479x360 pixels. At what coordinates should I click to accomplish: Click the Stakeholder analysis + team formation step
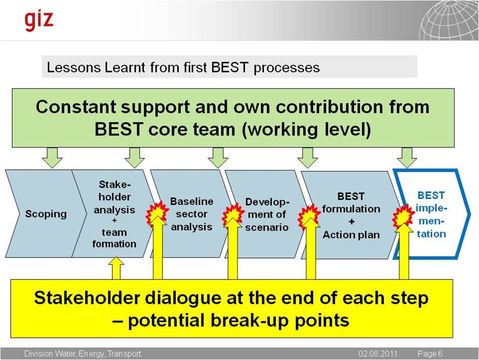click(x=114, y=214)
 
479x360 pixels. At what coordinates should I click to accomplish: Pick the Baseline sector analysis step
click(x=191, y=214)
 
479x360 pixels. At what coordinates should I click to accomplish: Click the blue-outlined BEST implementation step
click(x=431, y=214)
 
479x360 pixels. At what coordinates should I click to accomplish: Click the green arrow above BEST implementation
click(x=407, y=157)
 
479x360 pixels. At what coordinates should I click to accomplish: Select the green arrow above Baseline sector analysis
click(x=218, y=157)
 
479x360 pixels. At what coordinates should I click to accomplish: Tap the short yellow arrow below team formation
click(x=116, y=268)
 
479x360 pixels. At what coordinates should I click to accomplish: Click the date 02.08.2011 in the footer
click(x=378, y=353)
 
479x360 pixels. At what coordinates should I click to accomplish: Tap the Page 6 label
click(x=430, y=353)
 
